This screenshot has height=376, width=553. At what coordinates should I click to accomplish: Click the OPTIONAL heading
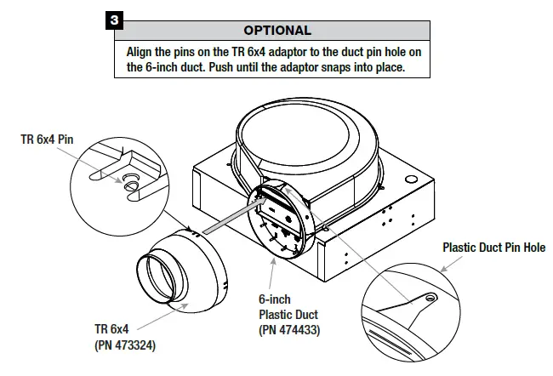277,31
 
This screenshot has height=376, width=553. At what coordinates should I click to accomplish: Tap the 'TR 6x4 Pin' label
48,139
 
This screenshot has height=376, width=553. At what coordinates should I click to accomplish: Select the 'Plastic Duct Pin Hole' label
493,248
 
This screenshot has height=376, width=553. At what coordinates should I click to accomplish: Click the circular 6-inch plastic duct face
281,224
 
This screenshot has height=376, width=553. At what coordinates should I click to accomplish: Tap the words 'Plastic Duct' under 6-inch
288,315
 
